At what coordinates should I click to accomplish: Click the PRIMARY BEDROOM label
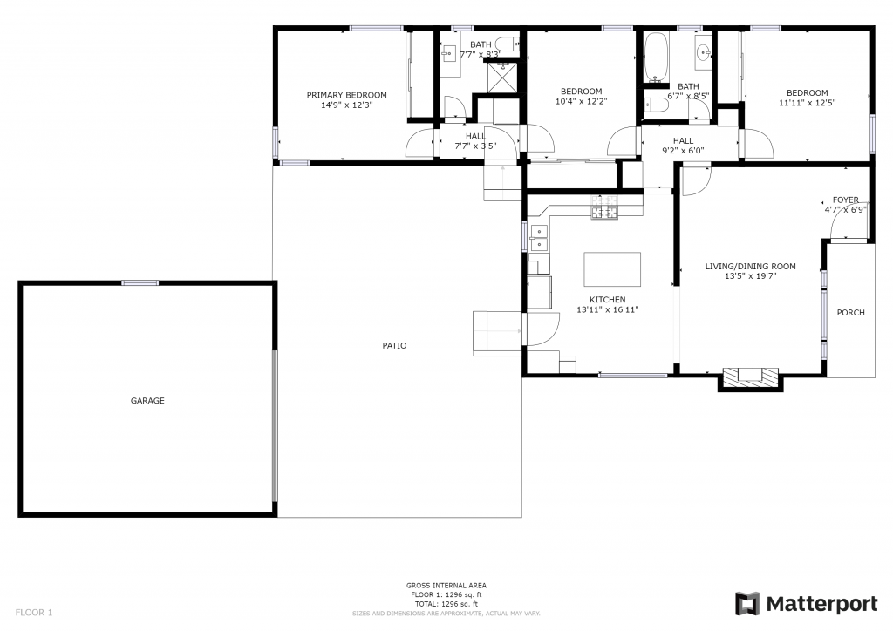pos(346,95)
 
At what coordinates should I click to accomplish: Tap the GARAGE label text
pos(147,401)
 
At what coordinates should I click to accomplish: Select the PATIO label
pos(394,345)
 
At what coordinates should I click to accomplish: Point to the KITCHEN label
pos(607,299)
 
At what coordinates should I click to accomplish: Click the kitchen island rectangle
pos(612,269)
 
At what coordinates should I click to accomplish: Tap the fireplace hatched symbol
pos(751,377)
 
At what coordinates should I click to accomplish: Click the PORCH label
pos(850,312)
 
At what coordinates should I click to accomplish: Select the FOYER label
pos(845,200)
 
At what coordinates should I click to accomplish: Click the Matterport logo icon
pos(747,604)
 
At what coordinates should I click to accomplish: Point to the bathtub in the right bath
pos(657,58)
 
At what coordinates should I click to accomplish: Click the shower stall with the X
pos(503,78)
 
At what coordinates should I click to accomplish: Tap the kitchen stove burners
pos(604,207)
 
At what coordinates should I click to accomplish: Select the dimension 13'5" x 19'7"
pos(750,276)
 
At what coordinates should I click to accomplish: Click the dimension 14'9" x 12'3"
pos(346,105)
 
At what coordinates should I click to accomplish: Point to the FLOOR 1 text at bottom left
pos(34,613)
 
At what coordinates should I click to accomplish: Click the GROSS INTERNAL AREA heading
pos(446,585)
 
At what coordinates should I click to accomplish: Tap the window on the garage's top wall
pos(140,282)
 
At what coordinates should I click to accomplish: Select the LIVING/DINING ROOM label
pos(750,267)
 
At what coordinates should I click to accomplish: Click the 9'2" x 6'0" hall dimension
pos(683,151)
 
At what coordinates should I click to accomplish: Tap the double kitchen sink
pos(538,238)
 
